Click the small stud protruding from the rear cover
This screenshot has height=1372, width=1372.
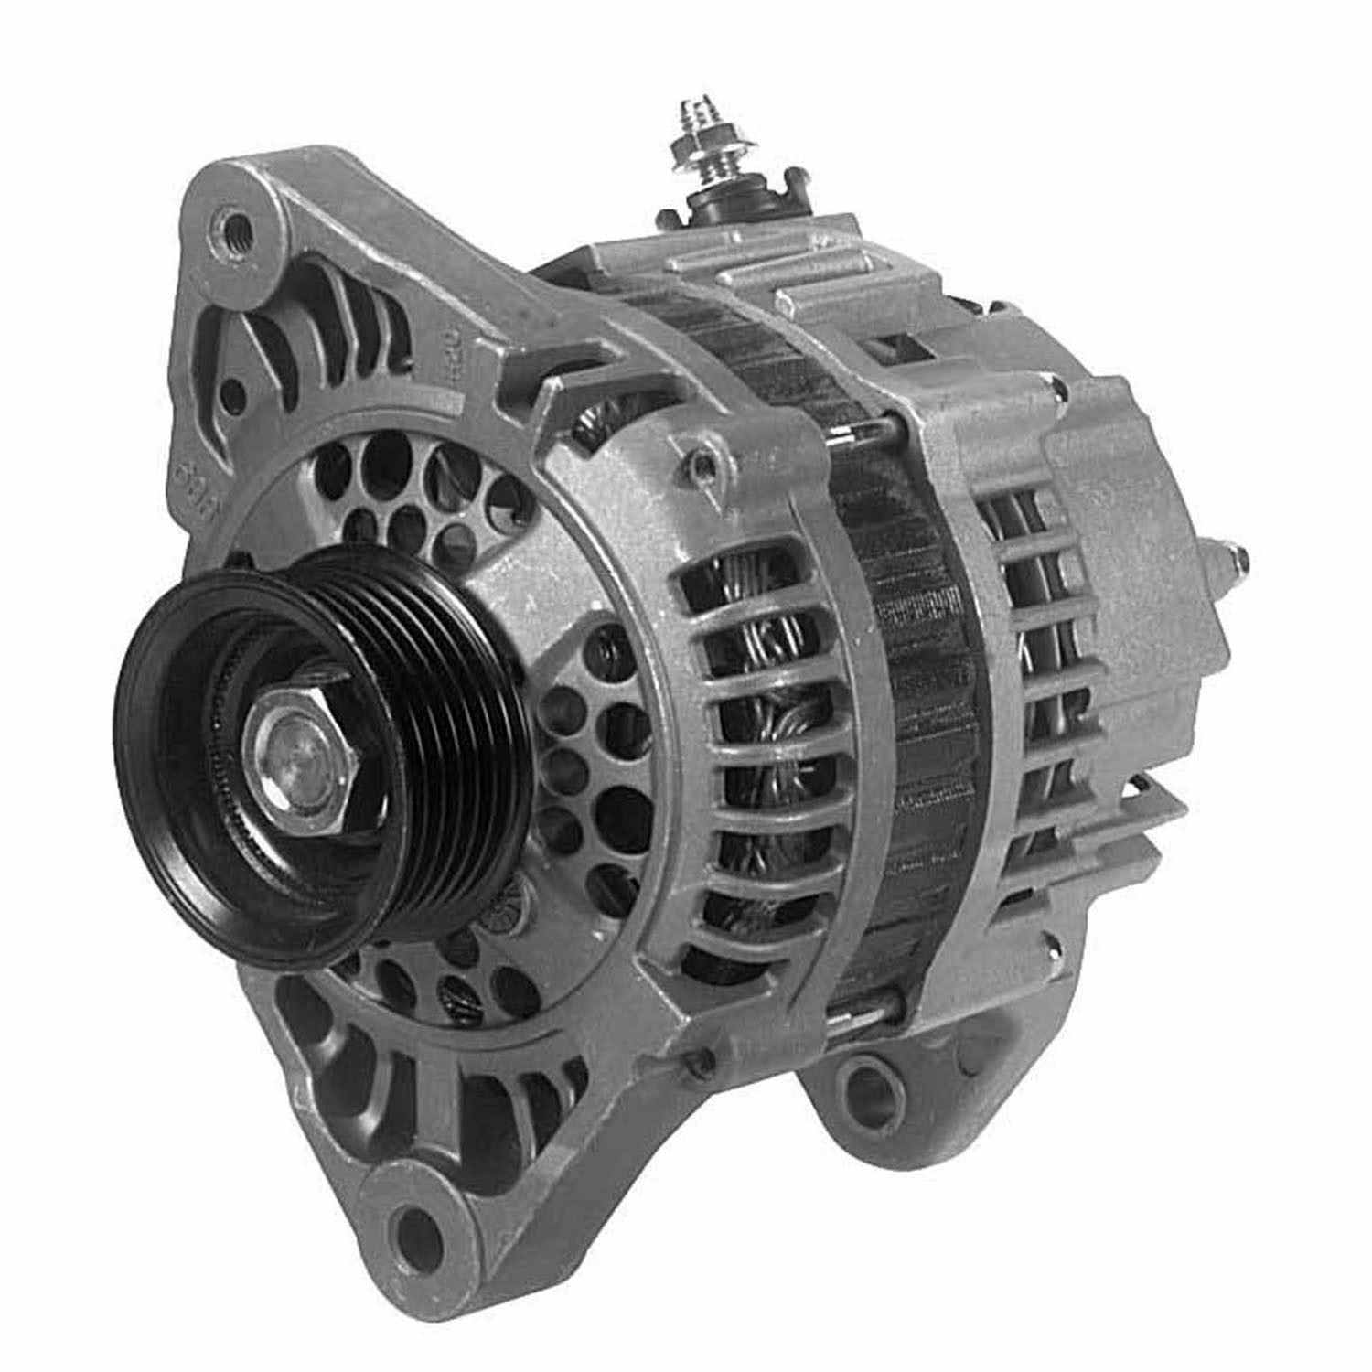(x=1234, y=557)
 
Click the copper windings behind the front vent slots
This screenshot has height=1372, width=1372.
(x=750, y=713)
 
